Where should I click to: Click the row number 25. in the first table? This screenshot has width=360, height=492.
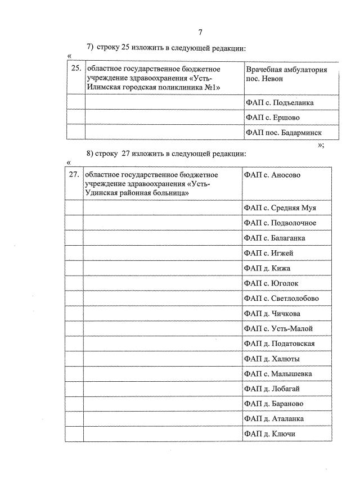point(75,69)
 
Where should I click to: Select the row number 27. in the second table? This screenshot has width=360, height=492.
point(73,175)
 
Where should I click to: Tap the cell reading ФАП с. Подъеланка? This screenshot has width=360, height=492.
point(280,103)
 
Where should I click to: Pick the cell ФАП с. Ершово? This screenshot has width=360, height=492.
point(272,118)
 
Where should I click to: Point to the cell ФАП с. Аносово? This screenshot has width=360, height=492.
point(272,175)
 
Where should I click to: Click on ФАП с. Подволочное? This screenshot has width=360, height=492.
point(280,223)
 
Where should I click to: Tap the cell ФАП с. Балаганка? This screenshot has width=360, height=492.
point(276,238)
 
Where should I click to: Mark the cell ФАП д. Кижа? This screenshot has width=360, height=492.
point(267,268)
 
